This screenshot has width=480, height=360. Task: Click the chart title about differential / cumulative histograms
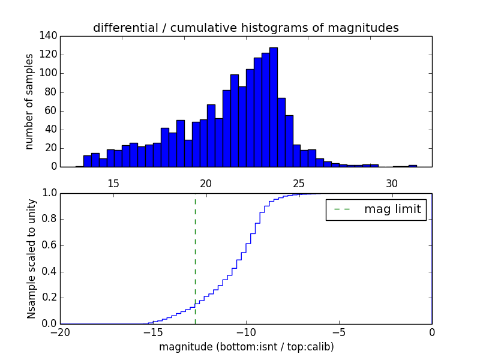(x=245, y=28)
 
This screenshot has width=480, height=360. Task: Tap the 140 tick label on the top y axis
(x=50, y=36)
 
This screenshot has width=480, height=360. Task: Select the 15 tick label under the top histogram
(x=113, y=184)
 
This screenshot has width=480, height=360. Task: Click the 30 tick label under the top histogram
(x=392, y=184)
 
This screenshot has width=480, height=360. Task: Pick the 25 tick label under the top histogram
(x=299, y=184)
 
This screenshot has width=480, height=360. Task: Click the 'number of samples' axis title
(x=29, y=101)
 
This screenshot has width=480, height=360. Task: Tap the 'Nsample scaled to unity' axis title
(x=31, y=259)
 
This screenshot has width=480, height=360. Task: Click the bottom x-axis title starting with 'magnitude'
(x=246, y=347)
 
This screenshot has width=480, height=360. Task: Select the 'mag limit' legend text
(x=392, y=209)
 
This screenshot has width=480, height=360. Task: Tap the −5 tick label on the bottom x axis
(x=338, y=332)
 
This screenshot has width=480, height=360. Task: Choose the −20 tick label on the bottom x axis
(x=60, y=332)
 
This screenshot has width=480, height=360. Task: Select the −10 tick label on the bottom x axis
(x=245, y=332)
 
